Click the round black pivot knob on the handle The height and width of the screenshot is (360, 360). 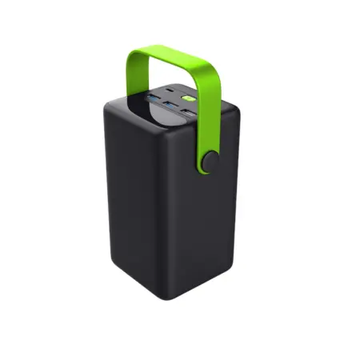click(210, 160)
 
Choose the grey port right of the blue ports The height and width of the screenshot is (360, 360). click(186, 112)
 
